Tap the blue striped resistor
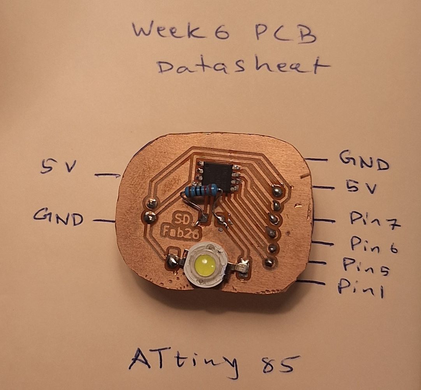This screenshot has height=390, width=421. (x=202, y=190)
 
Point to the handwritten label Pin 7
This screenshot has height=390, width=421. (x=374, y=220)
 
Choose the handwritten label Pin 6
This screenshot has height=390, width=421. (x=373, y=245)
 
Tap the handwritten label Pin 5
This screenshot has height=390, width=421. (x=366, y=266)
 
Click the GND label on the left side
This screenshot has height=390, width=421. (x=58, y=217)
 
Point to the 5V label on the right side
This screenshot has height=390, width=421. (x=361, y=187)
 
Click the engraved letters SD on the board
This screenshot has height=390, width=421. (x=182, y=219)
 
